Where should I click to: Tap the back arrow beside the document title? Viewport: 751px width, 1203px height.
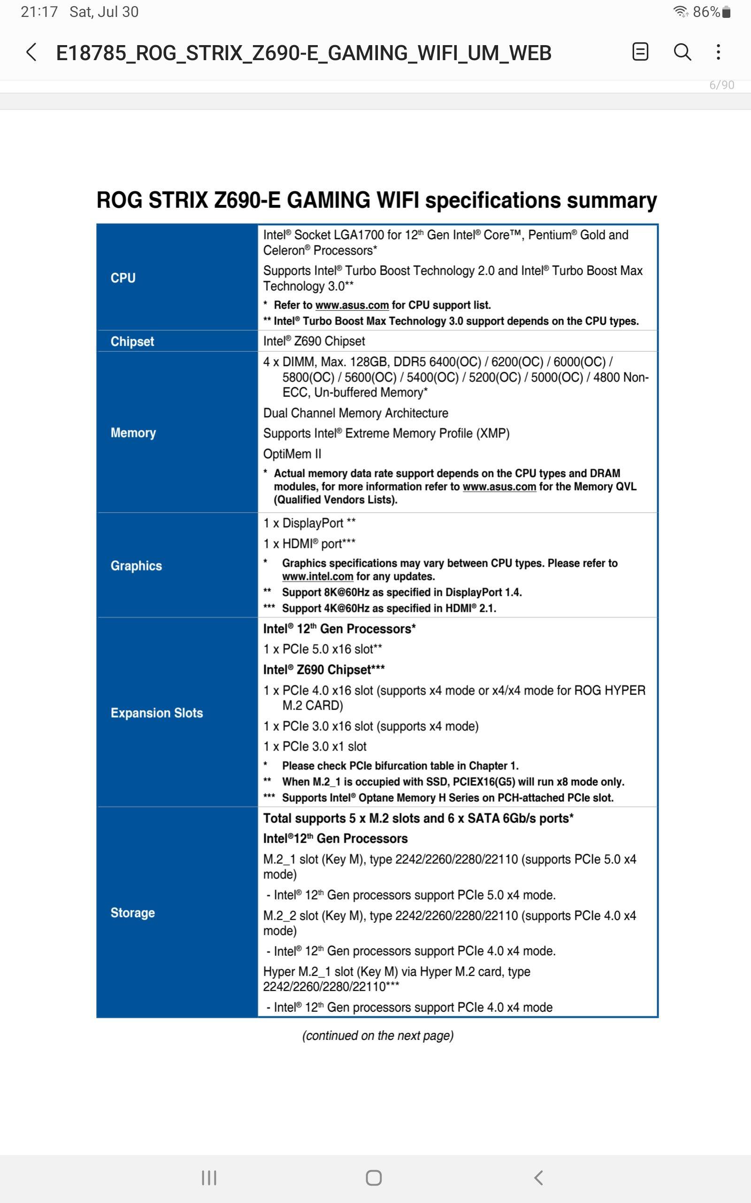point(31,52)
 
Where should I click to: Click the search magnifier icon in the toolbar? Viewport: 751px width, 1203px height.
point(682,52)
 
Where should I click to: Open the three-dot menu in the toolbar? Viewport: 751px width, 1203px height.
point(718,52)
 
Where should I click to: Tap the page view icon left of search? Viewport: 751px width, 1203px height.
point(640,52)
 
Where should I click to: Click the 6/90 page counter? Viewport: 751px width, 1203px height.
point(721,85)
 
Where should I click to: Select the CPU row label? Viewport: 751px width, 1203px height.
point(123,278)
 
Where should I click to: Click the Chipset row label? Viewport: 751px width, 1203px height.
point(132,342)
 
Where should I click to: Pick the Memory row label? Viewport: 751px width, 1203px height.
point(133,432)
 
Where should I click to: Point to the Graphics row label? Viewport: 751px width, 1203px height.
point(136,566)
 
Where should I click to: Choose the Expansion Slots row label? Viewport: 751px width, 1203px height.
point(156,713)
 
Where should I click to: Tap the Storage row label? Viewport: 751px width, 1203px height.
point(133,913)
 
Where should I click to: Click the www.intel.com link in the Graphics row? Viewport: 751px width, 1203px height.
point(317,577)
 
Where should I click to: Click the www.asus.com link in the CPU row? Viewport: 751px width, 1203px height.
point(352,305)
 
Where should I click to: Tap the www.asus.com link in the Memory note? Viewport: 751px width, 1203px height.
point(499,487)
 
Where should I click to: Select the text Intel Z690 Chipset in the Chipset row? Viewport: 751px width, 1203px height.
point(314,342)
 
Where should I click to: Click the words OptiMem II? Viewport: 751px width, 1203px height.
point(292,454)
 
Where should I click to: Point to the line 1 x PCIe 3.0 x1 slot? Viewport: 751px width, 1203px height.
point(315,747)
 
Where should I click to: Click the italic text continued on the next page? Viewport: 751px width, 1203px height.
point(377,1036)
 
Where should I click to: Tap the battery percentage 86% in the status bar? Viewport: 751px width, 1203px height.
point(706,12)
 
